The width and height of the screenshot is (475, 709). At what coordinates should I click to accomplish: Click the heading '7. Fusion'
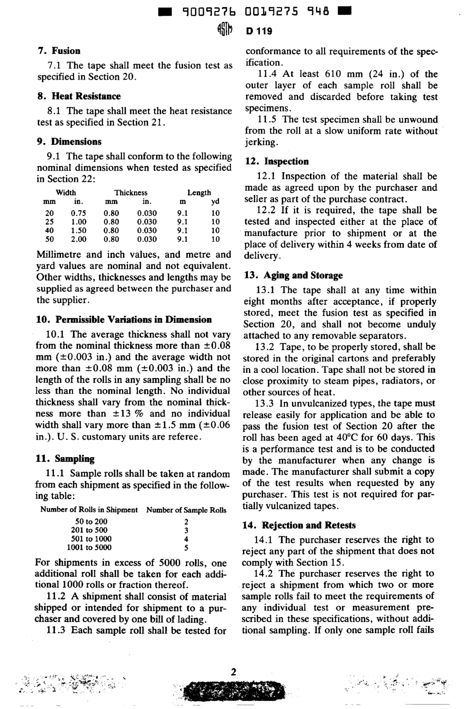(59, 51)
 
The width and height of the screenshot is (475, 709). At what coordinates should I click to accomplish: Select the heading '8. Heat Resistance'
(79, 96)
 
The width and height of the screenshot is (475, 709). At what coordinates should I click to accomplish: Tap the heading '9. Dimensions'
(69, 142)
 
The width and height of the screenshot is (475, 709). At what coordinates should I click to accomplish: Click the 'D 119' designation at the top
(259, 31)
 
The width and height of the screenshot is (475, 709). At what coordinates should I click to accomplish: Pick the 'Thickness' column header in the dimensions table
(130, 192)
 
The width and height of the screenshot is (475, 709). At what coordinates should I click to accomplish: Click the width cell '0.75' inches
(78, 213)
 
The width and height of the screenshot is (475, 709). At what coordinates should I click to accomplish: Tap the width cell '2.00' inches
(78, 239)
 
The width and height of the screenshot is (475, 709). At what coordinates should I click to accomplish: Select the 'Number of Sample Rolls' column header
(186, 510)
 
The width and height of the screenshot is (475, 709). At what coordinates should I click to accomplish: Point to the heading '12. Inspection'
(276, 162)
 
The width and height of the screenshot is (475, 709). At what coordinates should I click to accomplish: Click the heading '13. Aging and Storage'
(293, 276)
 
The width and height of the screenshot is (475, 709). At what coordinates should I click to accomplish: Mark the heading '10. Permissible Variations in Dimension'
(124, 320)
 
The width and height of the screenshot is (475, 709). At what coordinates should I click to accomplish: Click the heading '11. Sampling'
(65, 459)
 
